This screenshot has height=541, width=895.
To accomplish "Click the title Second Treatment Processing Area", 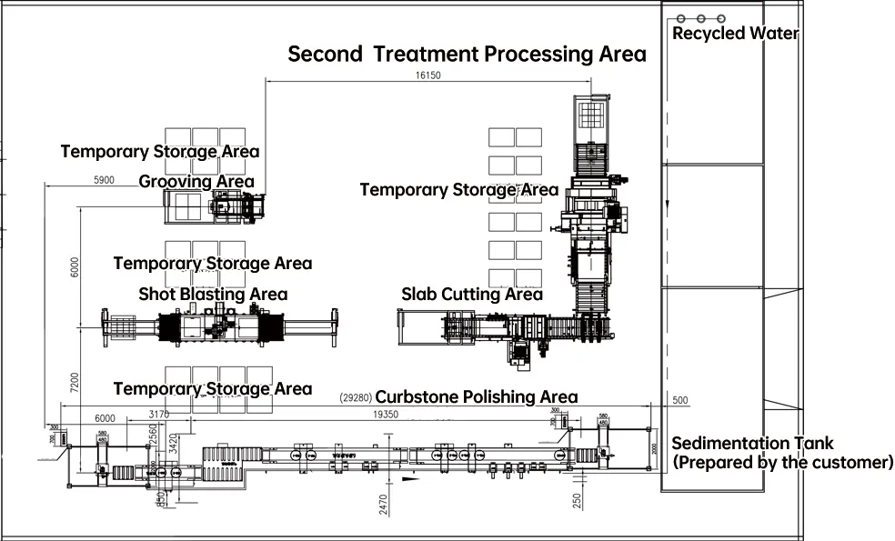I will pyautogui.click(x=467, y=54).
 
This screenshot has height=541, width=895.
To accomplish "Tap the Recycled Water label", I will pyautogui.click(x=735, y=34).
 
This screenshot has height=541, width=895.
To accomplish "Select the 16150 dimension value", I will pyautogui.click(x=427, y=75).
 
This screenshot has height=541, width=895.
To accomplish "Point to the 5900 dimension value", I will pyautogui.click(x=104, y=180).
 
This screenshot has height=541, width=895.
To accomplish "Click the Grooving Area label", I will pyautogui.click(x=196, y=182).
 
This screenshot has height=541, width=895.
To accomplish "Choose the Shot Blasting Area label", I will pyautogui.click(x=213, y=294).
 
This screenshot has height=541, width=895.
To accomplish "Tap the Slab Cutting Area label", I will pyautogui.click(x=472, y=294).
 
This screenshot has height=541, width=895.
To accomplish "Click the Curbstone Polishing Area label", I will pyautogui.click(x=477, y=396).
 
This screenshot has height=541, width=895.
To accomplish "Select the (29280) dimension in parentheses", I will pyautogui.click(x=355, y=397).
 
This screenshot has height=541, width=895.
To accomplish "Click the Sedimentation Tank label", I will pyautogui.click(x=752, y=443).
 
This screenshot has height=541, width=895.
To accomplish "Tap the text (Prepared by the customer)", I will pyautogui.click(x=782, y=462).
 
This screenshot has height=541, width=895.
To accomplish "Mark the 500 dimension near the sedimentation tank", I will pyautogui.click(x=680, y=400).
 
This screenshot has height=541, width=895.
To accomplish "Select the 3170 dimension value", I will pyautogui.click(x=159, y=415).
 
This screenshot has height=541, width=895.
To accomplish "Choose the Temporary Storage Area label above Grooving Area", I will pyautogui.click(x=160, y=151).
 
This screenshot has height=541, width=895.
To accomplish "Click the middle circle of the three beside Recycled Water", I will pyautogui.click(x=700, y=18).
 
